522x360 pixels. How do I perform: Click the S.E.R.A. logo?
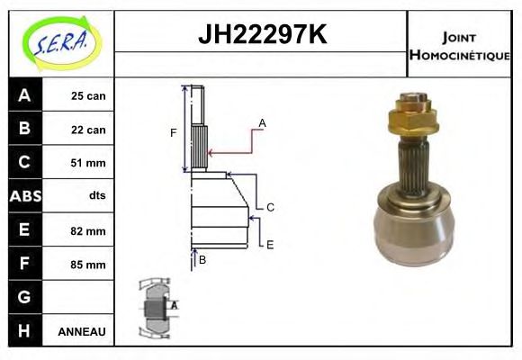tap(58, 41)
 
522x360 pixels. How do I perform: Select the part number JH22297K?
tap(261, 36)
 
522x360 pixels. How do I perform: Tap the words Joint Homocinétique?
tap(459, 45)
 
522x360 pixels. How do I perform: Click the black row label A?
tap(24, 95)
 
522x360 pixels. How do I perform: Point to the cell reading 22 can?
tap(88, 130)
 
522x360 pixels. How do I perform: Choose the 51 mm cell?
tap(88, 163)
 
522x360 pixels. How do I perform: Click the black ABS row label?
tap(24, 196)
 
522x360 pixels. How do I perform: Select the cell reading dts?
tap(96, 196)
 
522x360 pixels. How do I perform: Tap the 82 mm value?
tap(88, 231)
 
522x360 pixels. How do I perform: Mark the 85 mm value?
tap(88, 265)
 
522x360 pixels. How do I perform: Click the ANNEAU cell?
tap(81, 331)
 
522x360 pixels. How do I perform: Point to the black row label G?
tap(24, 297)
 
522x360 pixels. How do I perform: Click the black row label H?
tap(24, 331)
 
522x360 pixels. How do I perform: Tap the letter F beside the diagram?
tap(173, 133)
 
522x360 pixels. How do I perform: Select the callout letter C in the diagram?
tap(270, 207)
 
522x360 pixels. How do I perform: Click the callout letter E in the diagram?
tap(270, 244)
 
